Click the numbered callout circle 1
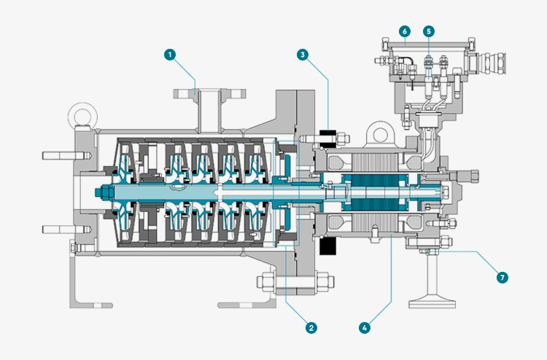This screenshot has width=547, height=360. pos(170,55)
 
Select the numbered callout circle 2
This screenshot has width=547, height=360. pos(311,328)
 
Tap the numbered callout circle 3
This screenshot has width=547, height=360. pos(303,55)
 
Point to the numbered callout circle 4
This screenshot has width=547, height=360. pos(365,328)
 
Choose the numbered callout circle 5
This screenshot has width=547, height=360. pos(429,31)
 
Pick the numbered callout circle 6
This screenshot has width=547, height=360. pos(405,31)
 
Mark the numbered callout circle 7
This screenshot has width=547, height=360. pos(503,278)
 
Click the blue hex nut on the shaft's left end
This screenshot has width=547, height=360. pos(104,192)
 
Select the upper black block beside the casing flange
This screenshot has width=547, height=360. pos(328,138)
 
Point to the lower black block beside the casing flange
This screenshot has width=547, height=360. pos(328,246)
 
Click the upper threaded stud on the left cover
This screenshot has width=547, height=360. pos(66,155)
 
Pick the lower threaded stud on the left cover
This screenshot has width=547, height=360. pos(66,230)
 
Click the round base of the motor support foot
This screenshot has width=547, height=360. pos(432,302)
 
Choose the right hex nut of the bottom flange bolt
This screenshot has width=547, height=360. pos(325,281)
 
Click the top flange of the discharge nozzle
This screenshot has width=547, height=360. pos(209,94)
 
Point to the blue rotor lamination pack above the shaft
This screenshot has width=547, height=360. pos(376,181)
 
